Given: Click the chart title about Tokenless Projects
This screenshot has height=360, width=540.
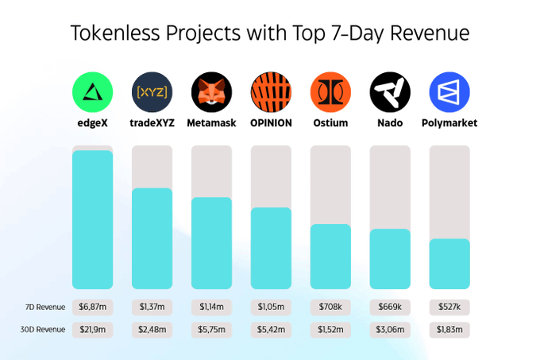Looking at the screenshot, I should pyautogui.click(x=270, y=33).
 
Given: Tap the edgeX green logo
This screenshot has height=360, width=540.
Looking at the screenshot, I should pyautogui.click(x=92, y=91).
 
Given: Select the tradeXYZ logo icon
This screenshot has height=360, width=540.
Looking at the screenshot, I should pyautogui.click(x=152, y=91).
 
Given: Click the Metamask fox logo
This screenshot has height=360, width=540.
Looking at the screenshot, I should pyautogui.click(x=211, y=91).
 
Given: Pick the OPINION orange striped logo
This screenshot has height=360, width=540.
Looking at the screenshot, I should pyautogui.click(x=271, y=91).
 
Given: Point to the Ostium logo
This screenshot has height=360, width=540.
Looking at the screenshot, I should pyautogui.click(x=330, y=91).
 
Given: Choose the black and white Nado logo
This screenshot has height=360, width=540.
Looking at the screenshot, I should pyautogui.click(x=390, y=91).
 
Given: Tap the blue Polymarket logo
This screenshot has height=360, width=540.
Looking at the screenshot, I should pyautogui.click(x=449, y=91).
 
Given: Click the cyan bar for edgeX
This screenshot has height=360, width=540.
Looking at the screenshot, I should pyautogui.click(x=92, y=219).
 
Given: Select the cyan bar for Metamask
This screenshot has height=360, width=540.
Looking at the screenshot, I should pyautogui.click(x=211, y=243).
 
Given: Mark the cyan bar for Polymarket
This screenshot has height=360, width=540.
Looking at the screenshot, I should pyautogui.click(x=449, y=264).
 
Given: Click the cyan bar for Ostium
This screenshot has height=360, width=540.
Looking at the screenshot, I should pyautogui.click(x=330, y=257).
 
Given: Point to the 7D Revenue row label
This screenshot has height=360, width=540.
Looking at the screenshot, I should pyautogui.click(x=45, y=307).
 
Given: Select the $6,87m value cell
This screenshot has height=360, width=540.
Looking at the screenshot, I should pyautogui.click(x=92, y=307).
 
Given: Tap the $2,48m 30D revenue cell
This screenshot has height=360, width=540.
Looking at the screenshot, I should pyautogui.click(x=152, y=329).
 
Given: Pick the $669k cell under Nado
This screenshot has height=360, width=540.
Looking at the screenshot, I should pyautogui.click(x=390, y=307).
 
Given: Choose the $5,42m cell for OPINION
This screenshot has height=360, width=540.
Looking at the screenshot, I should pyautogui.click(x=271, y=329).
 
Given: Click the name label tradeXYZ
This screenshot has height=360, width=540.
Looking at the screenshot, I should pyautogui.click(x=152, y=123).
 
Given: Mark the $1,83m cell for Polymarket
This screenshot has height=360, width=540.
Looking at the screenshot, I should pyautogui.click(x=449, y=329).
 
